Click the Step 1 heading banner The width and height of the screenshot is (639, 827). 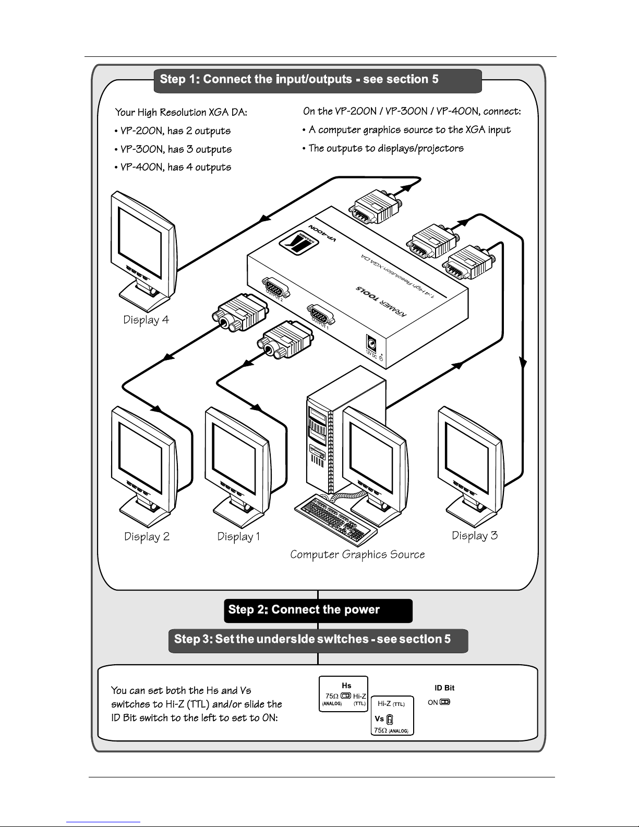(x=317, y=80)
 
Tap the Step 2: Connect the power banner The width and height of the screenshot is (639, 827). (x=318, y=610)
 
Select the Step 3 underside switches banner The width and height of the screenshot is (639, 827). (x=318, y=640)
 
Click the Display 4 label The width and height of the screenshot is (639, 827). (x=146, y=320)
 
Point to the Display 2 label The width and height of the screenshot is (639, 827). (x=147, y=536)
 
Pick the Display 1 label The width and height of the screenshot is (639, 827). (x=238, y=536)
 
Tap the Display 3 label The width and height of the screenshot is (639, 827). (x=475, y=535)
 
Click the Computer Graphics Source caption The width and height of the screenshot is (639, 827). (x=357, y=555)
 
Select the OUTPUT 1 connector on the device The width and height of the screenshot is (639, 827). (x=320, y=314)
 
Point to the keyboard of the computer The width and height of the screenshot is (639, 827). (x=335, y=520)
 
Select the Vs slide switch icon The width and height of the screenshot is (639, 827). (x=390, y=720)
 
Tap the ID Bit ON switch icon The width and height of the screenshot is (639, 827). (x=444, y=702)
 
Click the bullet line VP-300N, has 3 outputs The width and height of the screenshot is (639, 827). (x=173, y=150)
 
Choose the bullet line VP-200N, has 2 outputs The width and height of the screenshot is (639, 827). (x=172, y=131)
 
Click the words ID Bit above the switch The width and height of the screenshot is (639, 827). (x=444, y=688)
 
